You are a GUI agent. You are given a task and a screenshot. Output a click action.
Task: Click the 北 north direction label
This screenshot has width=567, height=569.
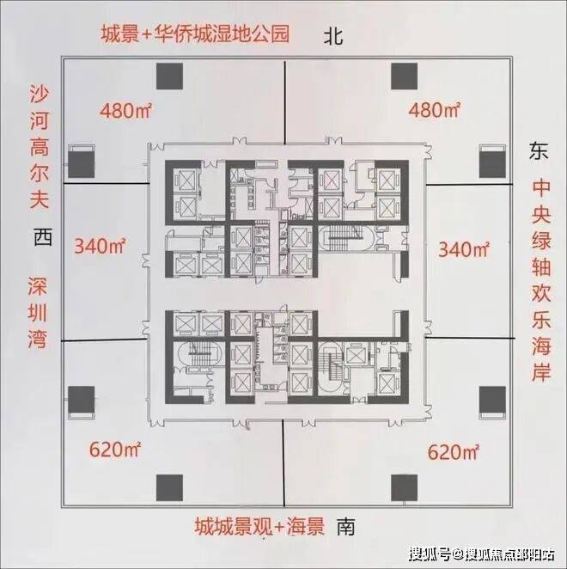333,36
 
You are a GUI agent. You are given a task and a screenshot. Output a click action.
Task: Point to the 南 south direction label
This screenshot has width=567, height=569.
346,524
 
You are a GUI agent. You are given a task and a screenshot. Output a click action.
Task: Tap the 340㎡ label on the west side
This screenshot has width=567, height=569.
101,248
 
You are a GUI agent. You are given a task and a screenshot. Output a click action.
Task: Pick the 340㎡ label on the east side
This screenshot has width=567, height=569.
464,250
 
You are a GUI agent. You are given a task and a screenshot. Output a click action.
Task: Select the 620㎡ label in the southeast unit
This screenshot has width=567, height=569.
453,450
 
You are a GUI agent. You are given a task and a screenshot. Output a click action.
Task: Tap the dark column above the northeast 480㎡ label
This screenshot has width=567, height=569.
403,77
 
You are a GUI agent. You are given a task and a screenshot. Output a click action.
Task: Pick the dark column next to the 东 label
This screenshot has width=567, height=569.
492,162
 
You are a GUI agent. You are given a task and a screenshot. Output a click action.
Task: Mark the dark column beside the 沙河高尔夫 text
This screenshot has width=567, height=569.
82,162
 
